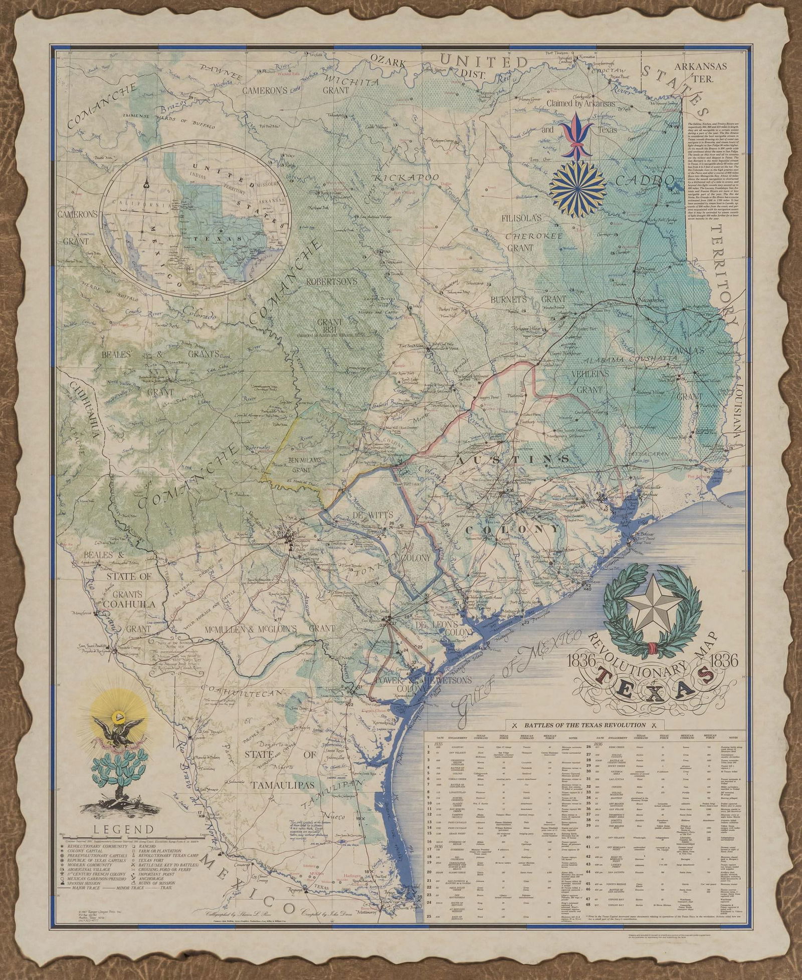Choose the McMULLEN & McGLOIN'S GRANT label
coord(270,628)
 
